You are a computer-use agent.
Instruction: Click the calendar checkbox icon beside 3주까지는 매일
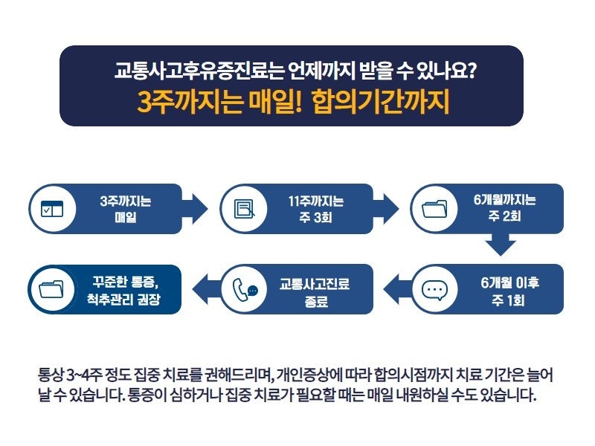[52, 209]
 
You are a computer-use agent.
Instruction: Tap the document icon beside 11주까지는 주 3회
[245, 209]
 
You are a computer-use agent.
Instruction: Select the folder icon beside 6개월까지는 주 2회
[434, 208]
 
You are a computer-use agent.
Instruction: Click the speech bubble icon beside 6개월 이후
[434, 291]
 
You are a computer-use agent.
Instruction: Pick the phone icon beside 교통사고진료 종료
[245, 290]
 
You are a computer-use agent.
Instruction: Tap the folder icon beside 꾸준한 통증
[51, 289]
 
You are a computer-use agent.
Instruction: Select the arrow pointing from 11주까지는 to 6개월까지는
[386, 209]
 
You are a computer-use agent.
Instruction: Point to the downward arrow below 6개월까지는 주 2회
[501, 245]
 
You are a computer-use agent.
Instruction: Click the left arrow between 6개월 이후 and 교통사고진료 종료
[397, 289]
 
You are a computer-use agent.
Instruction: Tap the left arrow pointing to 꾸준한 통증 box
[207, 289]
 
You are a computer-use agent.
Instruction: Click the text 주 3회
[315, 217]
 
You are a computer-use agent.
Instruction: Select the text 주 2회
[504, 216]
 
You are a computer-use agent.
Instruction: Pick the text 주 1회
[508, 300]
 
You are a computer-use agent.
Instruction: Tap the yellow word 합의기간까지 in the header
[381, 102]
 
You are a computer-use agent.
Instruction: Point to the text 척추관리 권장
[123, 300]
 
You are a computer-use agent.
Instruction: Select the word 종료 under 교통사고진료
[315, 302]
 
